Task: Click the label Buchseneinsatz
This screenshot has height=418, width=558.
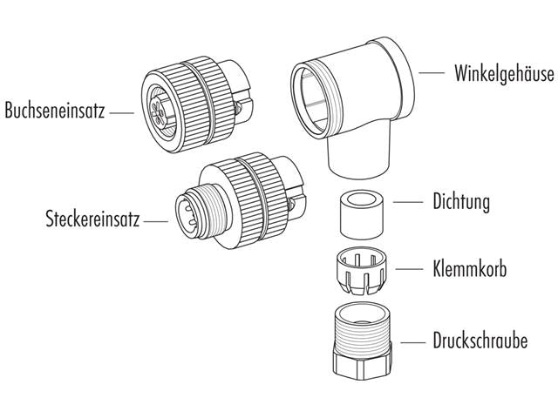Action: tap(54, 111)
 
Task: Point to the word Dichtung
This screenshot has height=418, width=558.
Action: tap(461, 202)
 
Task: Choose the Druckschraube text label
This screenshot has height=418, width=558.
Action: tap(480, 340)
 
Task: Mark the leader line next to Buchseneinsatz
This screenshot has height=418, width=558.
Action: tap(122, 111)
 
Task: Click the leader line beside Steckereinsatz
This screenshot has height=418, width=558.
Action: tap(156, 221)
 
